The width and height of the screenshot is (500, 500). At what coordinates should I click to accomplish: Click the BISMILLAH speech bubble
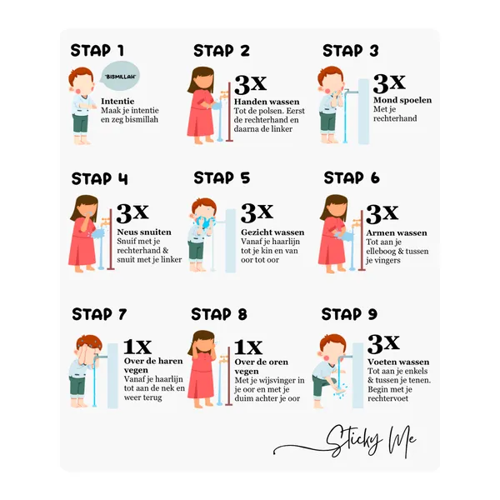point(120,76)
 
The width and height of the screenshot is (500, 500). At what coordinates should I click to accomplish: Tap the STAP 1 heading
point(97,50)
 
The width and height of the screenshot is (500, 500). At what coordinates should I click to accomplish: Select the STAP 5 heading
point(222,177)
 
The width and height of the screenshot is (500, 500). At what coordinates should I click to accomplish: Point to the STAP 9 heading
point(349,314)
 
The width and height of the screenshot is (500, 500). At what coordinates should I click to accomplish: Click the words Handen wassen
point(267,102)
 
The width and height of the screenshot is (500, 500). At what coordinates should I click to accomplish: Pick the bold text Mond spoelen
point(402,100)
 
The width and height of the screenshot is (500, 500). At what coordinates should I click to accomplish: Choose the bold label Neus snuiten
point(144,232)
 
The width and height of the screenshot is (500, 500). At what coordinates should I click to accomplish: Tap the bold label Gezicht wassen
point(272,232)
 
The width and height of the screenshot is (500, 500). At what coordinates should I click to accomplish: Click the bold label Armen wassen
point(397,232)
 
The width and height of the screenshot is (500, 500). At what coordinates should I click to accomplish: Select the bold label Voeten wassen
point(398,362)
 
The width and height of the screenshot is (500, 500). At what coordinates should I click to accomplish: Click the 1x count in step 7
point(137,347)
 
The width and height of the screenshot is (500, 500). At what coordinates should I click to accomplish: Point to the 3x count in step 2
point(250,84)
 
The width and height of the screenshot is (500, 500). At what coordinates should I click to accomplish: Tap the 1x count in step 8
point(248,347)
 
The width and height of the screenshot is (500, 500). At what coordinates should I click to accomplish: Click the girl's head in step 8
point(202,342)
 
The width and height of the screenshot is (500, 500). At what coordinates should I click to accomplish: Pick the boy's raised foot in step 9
point(340,391)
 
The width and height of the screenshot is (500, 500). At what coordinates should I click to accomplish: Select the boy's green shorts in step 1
point(80,123)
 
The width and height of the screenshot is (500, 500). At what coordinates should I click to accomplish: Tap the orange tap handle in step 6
point(357,222)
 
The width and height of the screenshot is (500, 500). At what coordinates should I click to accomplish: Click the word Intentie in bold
point(117,101)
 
